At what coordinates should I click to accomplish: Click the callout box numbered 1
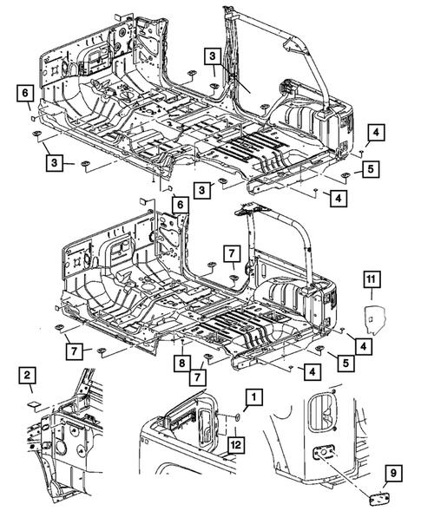254,396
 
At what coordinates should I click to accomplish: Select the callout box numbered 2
27,376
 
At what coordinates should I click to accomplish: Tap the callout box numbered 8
182,363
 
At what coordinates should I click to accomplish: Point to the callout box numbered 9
393,473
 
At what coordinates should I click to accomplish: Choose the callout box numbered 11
372,279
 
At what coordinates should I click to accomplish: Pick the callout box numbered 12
236,444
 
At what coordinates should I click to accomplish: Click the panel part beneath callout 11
375,319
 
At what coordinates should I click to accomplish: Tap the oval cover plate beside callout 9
379,497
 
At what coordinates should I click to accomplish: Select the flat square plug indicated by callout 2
33,404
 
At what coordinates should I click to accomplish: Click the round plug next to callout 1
237,416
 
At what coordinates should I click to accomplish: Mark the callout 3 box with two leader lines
213,56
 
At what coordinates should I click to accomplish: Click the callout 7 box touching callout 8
198,377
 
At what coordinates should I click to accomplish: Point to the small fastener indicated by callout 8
182,342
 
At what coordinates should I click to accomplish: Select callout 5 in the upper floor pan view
370,169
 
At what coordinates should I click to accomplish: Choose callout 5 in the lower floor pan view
346,363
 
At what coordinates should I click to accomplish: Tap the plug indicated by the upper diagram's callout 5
345,175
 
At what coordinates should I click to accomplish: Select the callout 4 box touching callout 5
364,346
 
